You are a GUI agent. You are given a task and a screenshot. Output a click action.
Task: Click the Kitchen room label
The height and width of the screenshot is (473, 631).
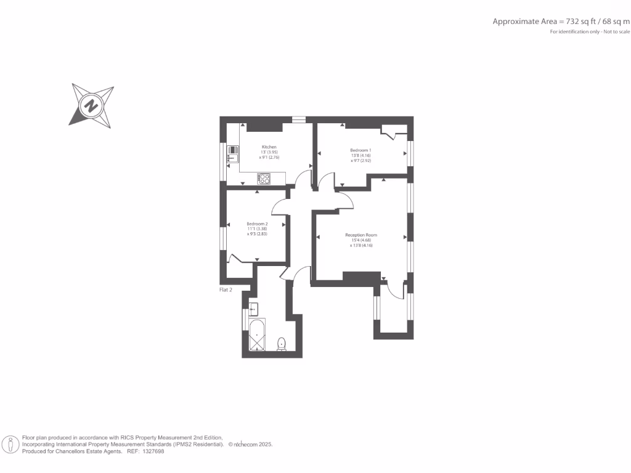(x=268, y=147)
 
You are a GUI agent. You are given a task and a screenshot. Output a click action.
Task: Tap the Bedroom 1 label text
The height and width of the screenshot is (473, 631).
(x=360, y=150)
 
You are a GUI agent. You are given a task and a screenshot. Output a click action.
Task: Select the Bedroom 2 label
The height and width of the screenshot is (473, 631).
(x=257, y=224)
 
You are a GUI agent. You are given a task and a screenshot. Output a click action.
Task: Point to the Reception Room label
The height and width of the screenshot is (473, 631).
(x=361, y=235)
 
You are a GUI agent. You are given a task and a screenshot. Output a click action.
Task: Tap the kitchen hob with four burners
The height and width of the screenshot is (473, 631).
(x=264, y=179)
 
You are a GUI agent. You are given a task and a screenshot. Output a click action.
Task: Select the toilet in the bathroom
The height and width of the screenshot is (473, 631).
(x=282, y=344)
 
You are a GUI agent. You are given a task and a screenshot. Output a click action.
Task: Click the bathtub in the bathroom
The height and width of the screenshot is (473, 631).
(x=257, y=335)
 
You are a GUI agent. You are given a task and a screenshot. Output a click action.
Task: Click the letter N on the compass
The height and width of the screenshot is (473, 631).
(x=92, y=105)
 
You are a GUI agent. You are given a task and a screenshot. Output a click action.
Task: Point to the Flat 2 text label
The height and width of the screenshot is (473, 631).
(x=226, y=289)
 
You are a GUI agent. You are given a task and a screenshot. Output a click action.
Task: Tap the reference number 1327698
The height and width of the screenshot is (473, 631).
(x=153, y=451)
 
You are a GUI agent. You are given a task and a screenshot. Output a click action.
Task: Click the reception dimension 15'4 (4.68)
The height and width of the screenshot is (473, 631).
(x=361, y=240)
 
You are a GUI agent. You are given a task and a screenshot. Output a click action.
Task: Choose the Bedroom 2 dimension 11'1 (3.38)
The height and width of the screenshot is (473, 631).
(x=257, y=228)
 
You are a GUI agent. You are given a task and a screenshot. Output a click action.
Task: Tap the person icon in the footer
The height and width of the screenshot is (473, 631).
(x=10, y=444)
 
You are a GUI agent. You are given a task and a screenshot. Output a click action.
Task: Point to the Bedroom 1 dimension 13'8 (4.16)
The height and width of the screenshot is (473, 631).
(x=360, y=156)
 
